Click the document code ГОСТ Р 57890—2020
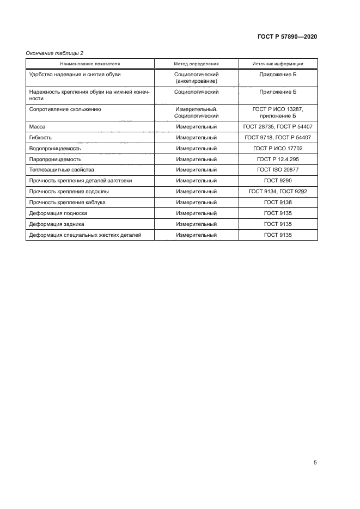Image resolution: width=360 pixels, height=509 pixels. tap(287, 36)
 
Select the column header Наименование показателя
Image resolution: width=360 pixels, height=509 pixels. tap(90, 64)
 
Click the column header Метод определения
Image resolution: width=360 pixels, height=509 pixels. tap(196, 64)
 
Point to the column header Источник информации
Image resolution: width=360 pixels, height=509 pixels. tap(278, 64)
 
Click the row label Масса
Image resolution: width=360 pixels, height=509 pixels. tap(37, 126)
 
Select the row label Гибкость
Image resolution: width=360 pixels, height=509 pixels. tap(40, 137)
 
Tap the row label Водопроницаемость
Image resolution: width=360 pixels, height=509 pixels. tap(55, 148)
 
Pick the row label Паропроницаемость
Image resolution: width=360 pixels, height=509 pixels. tap(55, 159)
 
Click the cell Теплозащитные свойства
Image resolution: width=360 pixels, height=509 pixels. tap(62, 170)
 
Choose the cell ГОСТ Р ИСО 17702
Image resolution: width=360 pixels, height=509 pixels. tap(278, 148)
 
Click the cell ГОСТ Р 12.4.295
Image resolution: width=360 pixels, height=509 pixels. tap(278, 159)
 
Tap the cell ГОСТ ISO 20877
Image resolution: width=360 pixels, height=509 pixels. tap(278, 170)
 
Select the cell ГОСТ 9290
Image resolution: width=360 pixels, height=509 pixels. tap(278, 181)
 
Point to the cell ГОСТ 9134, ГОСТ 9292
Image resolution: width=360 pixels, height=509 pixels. tap(278, 192)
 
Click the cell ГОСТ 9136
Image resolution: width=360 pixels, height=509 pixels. tap(278, 203)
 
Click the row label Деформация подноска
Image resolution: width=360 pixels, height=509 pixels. tap(58, 213)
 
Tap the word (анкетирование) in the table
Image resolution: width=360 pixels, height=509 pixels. tap(196, 81)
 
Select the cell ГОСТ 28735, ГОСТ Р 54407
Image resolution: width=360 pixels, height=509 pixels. tap(278, 126)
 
